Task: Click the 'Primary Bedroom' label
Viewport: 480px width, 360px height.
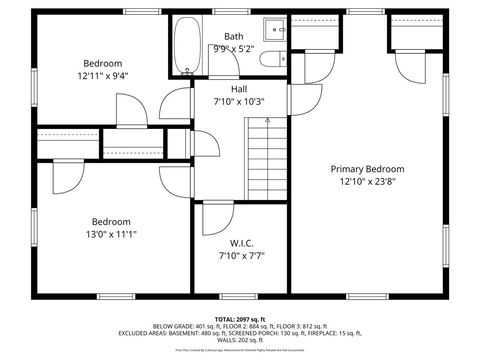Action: pos(367,169)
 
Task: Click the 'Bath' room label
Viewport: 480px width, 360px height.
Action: pos(233,36)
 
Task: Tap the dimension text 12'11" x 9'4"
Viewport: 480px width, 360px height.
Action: pos(104,74)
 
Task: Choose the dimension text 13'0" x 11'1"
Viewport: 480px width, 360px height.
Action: pos(111,234)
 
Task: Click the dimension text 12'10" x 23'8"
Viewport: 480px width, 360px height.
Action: pos(367,182)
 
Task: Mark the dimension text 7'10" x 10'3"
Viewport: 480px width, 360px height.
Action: pos(239,101)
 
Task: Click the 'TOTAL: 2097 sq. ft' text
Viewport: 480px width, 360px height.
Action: pos(240,319)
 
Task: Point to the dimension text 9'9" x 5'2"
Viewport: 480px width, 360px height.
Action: pos(233,48)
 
